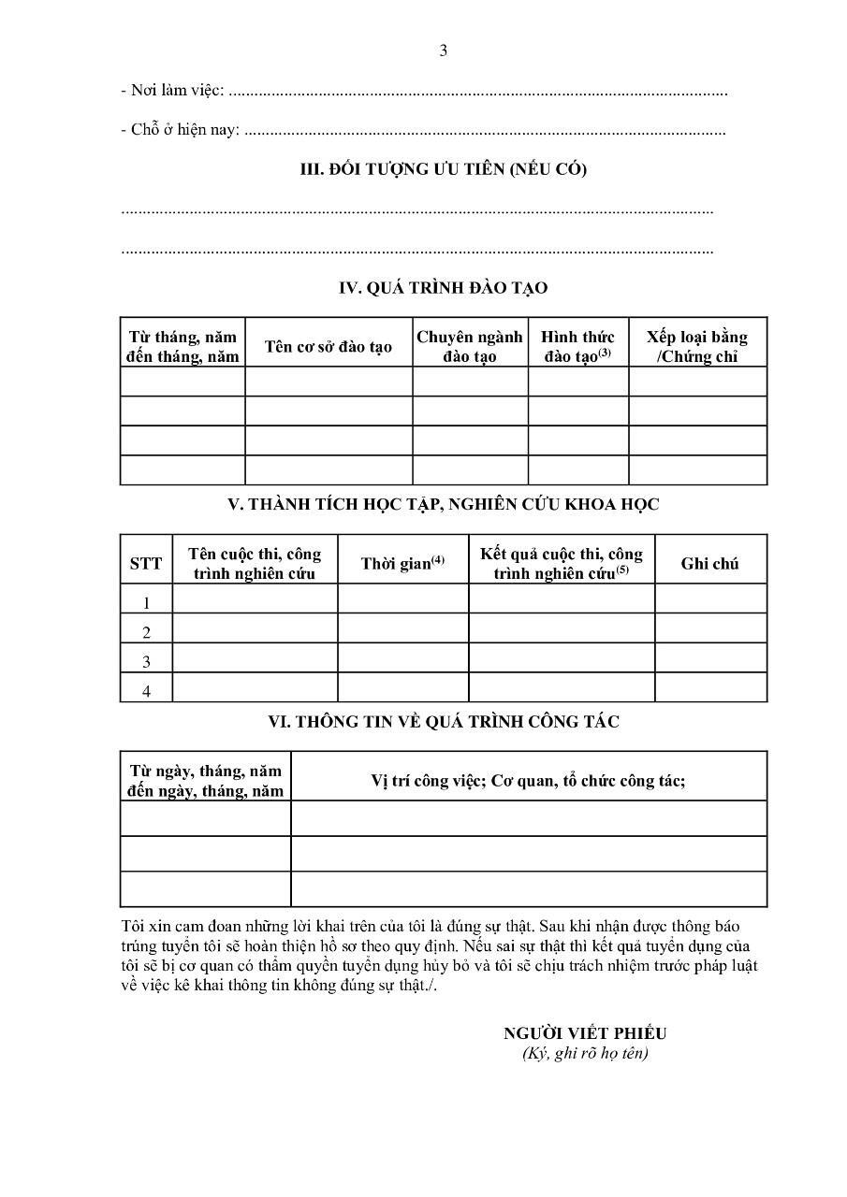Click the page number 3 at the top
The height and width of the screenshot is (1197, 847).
click(444, 50)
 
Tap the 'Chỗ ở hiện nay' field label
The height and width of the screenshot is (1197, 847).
click(181, 130)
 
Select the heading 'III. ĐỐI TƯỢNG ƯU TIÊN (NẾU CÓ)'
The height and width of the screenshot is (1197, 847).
click(443, 169)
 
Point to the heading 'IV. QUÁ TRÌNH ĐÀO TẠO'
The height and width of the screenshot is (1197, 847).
click(443, 288)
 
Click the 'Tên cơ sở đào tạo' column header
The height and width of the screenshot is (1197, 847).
click(328, 347)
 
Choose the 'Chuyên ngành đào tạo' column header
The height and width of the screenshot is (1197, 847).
click(470, 346)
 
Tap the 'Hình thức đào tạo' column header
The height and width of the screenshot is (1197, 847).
click(577, 346)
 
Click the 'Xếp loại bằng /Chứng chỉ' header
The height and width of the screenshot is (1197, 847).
click(697, 346)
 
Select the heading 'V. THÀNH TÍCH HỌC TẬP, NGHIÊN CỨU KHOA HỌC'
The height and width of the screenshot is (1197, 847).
click(443, 504)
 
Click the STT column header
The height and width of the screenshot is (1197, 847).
click(146, 563)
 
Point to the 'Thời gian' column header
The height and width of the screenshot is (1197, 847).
click(402, 563)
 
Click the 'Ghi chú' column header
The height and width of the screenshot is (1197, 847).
click(709, 563)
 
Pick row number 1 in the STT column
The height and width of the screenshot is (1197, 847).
click(146, 603)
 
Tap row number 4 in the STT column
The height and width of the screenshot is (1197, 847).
click(146, 691)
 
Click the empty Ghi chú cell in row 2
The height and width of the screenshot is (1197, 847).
click(710, 628)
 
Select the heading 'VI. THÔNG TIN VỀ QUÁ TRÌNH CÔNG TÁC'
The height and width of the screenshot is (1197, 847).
click(443, 722)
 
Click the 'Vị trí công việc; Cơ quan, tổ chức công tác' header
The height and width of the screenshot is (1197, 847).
click(528, 781)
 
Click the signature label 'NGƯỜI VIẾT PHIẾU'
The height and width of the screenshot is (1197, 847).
click(585, 1033)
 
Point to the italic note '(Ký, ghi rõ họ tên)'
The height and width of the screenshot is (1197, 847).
click(585, 1053)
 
